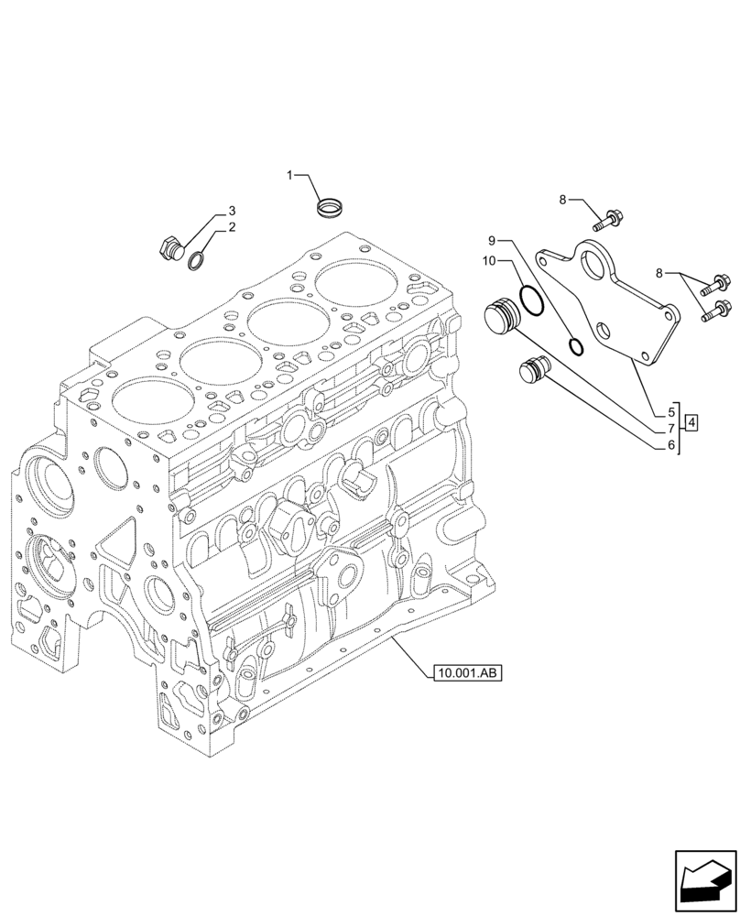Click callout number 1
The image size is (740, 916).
pyautogui.click(x=290, y=174)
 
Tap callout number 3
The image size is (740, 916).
pyautogui.click(x=232, y=211)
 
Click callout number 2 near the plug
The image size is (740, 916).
pyautogui.click(x=232, y=227)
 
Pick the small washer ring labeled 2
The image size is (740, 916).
pyautogui.click(x=197, y=263)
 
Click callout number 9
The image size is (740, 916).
pyautogui.click(x=492, y=240)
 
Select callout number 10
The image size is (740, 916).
pyautogui.click(x=490, y=262)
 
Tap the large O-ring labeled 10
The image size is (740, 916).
pyautogui.click(x=529, y=299)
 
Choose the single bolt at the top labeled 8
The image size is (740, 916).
pyautogui.click(x=608, y=219)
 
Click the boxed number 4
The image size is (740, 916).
pyautogui.click(x=691, y=422)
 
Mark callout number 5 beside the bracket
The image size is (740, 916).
pyautogui.click(x=670, y=412)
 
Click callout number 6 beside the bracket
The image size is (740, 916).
pyautogui.click(x=670, y=445)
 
